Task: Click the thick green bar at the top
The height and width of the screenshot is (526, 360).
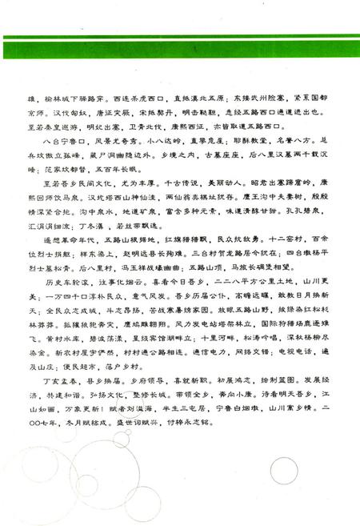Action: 180,48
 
